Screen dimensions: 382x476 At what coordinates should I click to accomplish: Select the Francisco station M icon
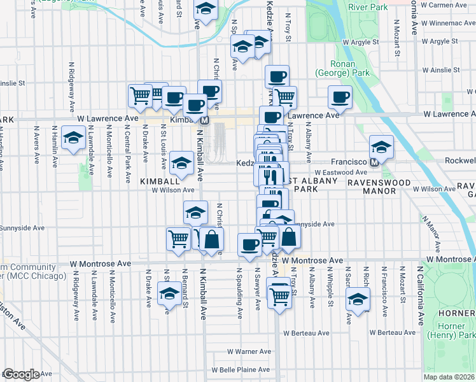click(375, 162)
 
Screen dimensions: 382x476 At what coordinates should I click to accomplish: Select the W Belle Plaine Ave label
click(242, 369)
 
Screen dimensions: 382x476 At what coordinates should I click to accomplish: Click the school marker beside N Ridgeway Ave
click(74, 138)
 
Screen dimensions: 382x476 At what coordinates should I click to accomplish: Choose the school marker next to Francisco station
click(381, 148)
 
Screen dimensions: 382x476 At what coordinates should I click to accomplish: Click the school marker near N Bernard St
click(169, 295)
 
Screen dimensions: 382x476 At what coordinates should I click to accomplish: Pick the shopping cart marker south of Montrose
click(279, 295)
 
